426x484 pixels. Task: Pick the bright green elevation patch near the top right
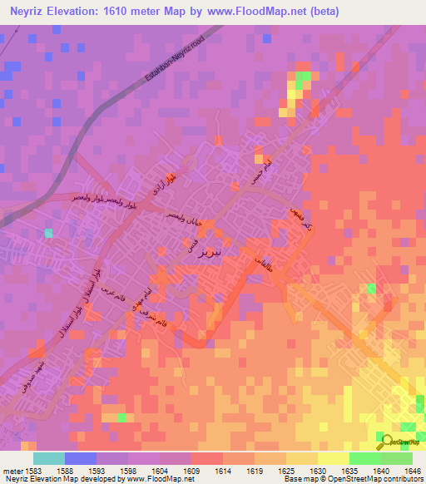tap(302, 77)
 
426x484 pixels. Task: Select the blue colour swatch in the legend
tap(80, 458)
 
